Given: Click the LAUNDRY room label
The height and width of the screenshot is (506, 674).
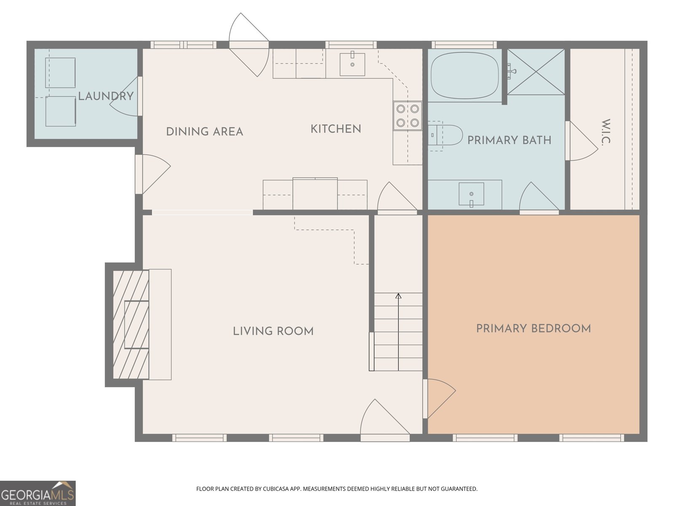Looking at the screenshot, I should [106, 96].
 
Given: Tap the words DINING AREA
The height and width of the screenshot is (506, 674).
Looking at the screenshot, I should [205, 132].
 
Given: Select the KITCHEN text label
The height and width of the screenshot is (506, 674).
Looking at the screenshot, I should [336, 129].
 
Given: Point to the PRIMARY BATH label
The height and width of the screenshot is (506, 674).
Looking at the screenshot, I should [509, 140].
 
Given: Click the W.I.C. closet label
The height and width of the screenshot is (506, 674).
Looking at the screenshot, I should [605, 132].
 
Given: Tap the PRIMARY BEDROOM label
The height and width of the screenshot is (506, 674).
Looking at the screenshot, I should [533, 328].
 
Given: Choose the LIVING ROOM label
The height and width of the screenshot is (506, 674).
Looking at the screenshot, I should [273, 331].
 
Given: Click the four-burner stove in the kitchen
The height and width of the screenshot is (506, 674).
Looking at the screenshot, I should [407, 116].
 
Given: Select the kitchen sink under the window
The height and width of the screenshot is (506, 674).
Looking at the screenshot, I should [352, 64].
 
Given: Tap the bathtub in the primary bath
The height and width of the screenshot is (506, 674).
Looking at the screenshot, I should [465, 75].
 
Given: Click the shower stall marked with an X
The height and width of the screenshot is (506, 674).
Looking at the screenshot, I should [536, 72].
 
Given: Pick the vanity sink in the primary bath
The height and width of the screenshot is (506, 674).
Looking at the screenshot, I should [471, 194].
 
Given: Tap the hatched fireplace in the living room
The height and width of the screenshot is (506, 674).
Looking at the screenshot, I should [131, 324].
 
